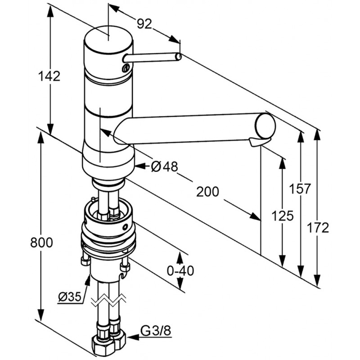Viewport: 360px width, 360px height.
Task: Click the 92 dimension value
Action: pos(144,24)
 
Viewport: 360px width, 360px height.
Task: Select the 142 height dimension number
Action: pos(49,76)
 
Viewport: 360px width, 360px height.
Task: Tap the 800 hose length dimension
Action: pos(41,243)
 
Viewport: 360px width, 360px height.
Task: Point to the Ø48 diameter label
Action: pos(164,167)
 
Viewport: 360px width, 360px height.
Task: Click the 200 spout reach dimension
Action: pos(207,192)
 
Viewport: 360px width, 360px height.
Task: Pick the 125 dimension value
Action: pos(283,216)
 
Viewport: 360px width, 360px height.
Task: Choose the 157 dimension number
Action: pos(300,189)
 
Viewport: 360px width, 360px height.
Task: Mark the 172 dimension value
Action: pos(318,228)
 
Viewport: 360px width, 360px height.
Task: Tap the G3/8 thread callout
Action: pos(156,332)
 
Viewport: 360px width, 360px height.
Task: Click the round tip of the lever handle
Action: pos(179,57)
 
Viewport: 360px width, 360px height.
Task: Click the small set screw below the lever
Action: pos(125,68)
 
